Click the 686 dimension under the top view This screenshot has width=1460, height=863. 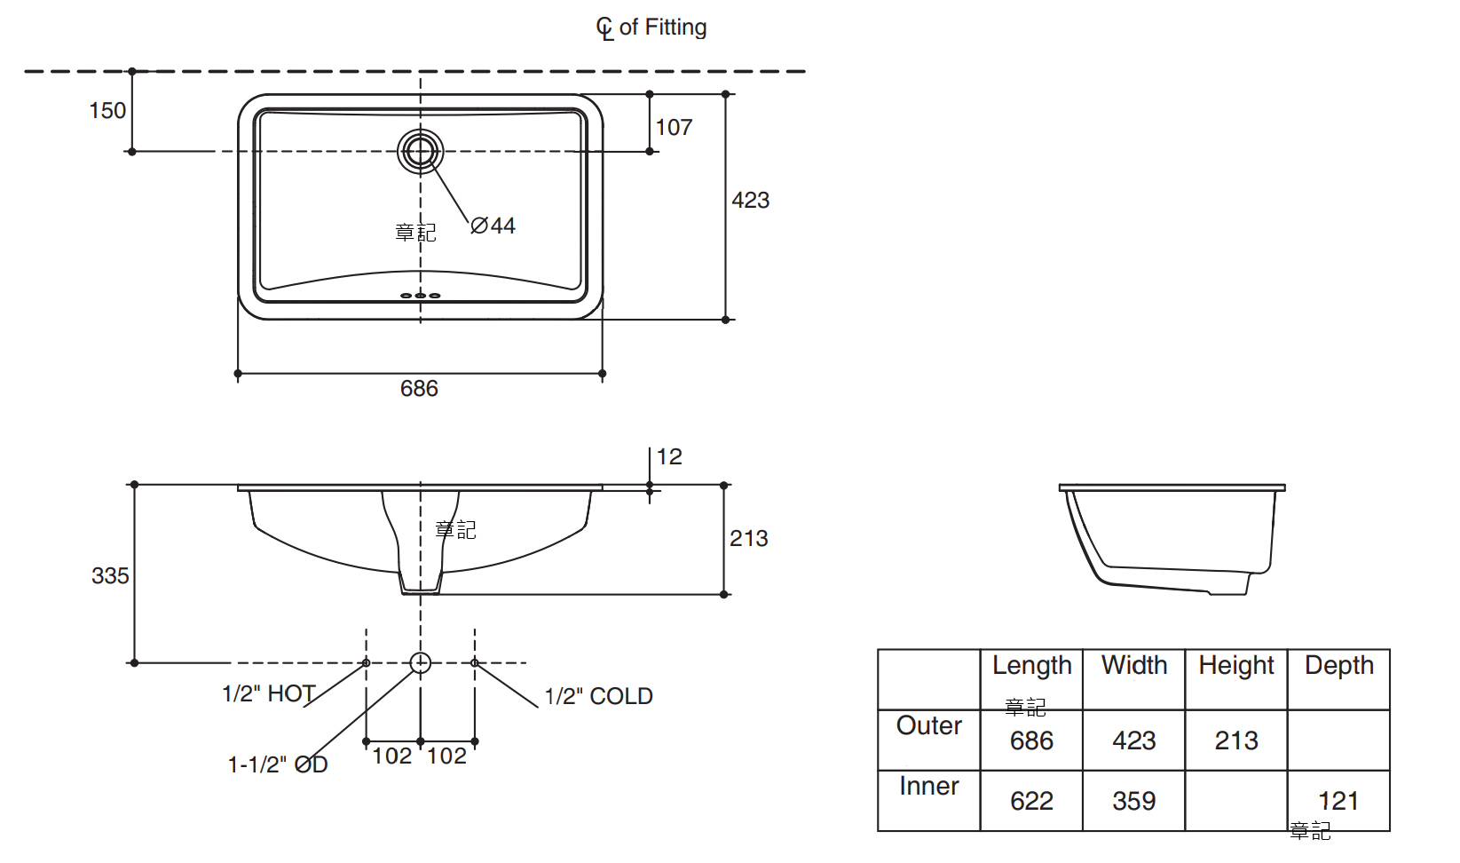tap(419, 389)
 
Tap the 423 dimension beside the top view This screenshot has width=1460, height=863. tap(750, 201)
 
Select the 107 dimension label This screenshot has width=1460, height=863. tap(674, 128)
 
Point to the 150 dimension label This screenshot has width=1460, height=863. tap(107, 111)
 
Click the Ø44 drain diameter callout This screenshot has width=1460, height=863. tap(493, 226)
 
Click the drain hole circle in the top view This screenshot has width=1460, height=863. tap(420, 152)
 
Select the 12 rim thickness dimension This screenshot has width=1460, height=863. tap(669, 457)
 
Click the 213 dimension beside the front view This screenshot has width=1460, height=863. tap(748, 539)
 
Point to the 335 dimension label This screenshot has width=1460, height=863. tap(110, 576)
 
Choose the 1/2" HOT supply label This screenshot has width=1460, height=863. tap(268, 693)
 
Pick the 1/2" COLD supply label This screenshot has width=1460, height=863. tap(599, 697)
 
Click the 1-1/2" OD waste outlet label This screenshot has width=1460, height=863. tap(278, 764)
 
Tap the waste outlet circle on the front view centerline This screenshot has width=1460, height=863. tap(421, 662)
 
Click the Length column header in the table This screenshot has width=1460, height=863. tap(1031, 666)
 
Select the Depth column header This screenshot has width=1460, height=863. tap(1338, 666)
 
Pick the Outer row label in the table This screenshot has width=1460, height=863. tap(928, 726)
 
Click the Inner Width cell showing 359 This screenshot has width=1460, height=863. tap(1133, 801)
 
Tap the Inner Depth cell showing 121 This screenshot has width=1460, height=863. tap(1338, 801)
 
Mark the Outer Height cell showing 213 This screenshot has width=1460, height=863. tap(1235, 740)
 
